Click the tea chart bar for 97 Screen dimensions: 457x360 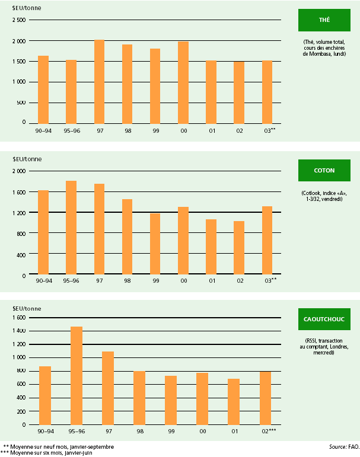[100, 81]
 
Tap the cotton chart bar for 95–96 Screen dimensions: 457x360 [71, 228]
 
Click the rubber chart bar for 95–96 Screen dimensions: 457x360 [77, 375]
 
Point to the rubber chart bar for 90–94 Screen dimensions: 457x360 [45, 395]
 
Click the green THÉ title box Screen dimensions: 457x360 [324, 20]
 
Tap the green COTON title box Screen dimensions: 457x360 [324, 171]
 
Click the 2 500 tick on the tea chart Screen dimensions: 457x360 [20, 20]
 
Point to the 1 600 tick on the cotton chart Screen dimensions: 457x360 [20, 192]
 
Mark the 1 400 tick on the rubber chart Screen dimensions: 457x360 [20, 331]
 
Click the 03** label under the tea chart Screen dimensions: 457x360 [269, 130]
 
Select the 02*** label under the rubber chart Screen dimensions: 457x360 [267, 432]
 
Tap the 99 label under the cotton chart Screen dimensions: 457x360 [156, 281]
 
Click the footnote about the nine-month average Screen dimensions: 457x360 [59, 446]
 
